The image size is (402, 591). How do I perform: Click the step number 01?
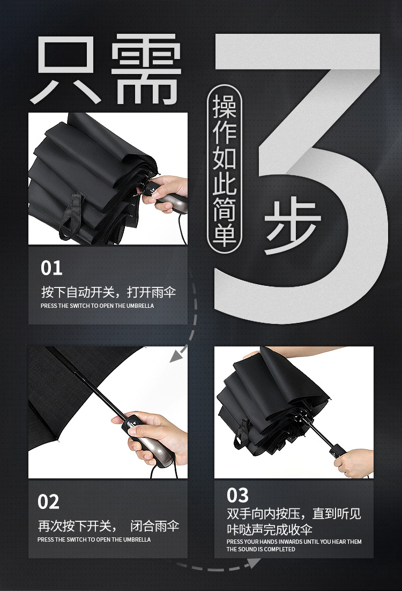51,268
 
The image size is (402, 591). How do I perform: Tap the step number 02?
49,502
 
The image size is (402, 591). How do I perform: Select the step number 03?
238,494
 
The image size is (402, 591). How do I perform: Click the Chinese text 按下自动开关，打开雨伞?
108,292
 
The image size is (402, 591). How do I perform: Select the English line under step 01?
97,306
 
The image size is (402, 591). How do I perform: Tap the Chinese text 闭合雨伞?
155,526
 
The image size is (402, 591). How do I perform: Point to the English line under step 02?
94,540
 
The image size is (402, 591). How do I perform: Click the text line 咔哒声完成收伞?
269,530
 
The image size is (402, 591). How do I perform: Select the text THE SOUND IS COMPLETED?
260,549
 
